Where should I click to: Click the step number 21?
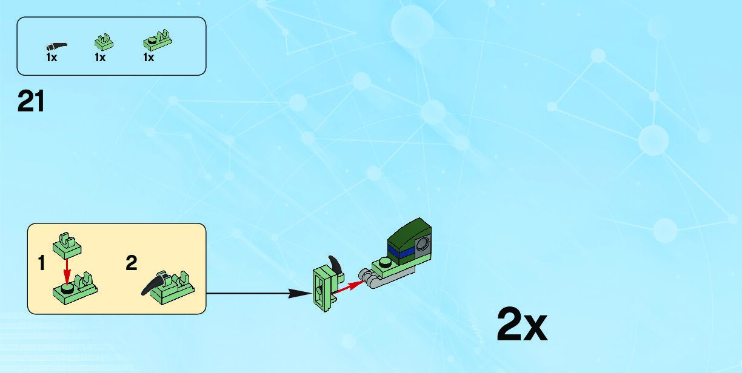coord(31,101)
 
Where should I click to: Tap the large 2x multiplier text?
coord(521,325)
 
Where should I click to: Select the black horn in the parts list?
coord(56,45)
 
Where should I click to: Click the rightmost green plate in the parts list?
coord(157,40)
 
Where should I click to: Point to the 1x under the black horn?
coord(52,58)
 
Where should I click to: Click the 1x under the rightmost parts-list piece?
coord(149,58)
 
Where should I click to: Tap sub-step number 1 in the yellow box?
coord(41,264)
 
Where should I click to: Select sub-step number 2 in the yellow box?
coord(132,263)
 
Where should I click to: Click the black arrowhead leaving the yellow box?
coord(298,294)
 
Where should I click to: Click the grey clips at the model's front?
coord(370,277)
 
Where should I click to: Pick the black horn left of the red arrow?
coord(334,265)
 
